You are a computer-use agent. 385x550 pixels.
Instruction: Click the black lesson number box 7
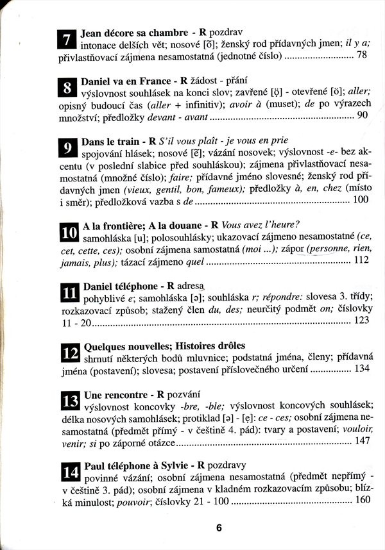pos(67,39)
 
